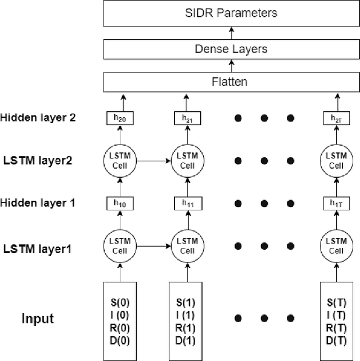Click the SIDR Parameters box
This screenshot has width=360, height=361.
(231, 12)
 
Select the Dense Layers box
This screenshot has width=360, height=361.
(231, 49)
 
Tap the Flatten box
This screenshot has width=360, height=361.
(231, 82)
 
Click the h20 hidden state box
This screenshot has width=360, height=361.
(119, 118)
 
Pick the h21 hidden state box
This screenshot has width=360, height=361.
(186, 118)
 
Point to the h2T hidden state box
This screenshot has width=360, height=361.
(336, 118)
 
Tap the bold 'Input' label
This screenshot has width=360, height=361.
(38, 319)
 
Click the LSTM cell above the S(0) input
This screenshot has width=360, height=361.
(119, 246)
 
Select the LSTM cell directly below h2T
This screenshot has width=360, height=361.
(336, 161)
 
